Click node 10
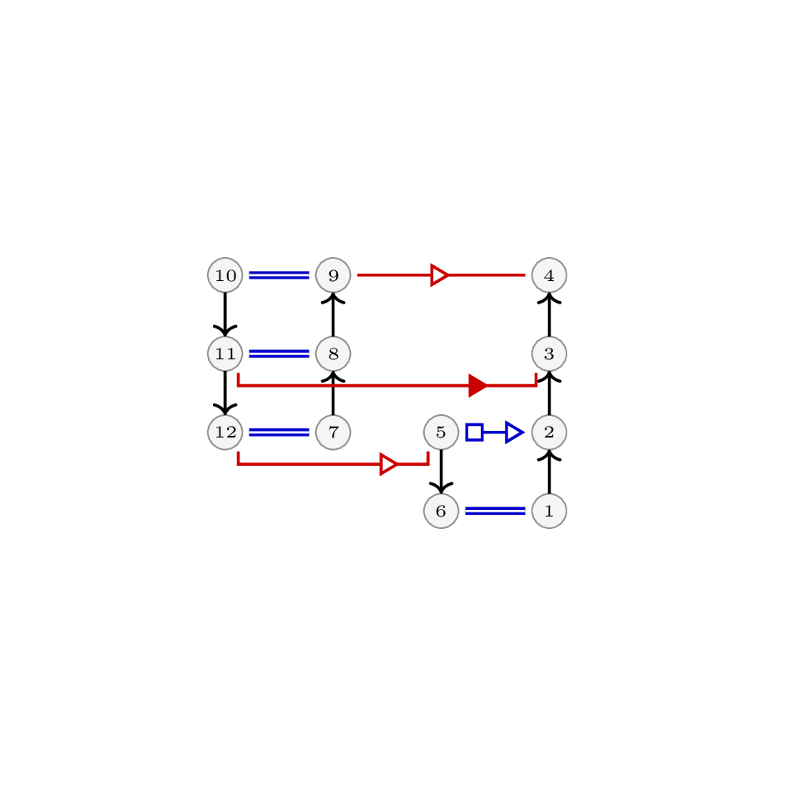225,275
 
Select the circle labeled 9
333,275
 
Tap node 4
549,275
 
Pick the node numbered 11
225,353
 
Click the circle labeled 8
333,353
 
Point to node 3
549,353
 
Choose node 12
225,433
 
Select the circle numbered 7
333,433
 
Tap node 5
441,433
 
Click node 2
549,433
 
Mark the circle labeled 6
441,511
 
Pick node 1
549,511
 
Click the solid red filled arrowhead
477,385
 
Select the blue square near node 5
474,433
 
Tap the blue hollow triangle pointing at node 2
514,433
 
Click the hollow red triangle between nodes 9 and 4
440,275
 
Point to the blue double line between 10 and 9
279,275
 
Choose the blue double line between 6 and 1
495,511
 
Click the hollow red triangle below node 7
389,464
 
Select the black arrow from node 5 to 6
441,472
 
